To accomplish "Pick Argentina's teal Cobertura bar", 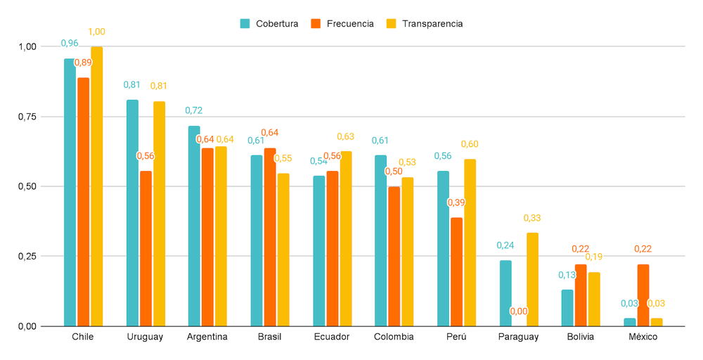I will point(193,226).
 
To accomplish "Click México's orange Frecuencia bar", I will point(643,295).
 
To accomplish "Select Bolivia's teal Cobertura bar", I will point(567,308).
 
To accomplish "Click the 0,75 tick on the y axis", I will point(26,117).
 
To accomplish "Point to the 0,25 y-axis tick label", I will point(26,257).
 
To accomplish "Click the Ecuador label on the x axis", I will point(332,337).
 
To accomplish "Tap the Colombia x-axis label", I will point(394,337).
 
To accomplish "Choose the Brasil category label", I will point(269,337).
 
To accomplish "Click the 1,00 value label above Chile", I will point(96,32).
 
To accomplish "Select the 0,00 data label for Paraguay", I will point(519,311).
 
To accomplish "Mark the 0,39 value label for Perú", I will point(456,202).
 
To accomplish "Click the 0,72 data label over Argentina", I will point(193,110).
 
